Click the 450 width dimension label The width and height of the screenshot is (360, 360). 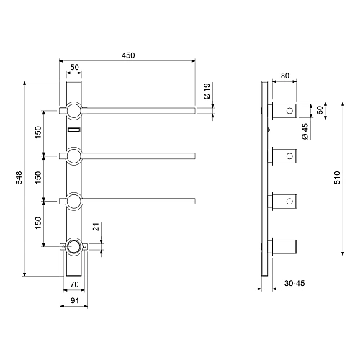tap(128, 55)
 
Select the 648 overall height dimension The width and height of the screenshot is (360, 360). tap(19, 178)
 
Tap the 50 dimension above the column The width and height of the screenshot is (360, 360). tap(74, 67)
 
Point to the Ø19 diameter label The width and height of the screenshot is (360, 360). tap(207, 91)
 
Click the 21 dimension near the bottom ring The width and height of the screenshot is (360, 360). tap(96, 227)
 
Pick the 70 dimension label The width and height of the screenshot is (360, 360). tap(74, 284)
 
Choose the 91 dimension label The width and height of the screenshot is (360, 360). tap(75, 300)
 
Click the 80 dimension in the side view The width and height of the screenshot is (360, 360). tap(285, 76)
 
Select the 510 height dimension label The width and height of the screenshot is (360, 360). tap(337, 178)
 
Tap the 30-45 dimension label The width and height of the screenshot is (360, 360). tap(294, 283)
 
